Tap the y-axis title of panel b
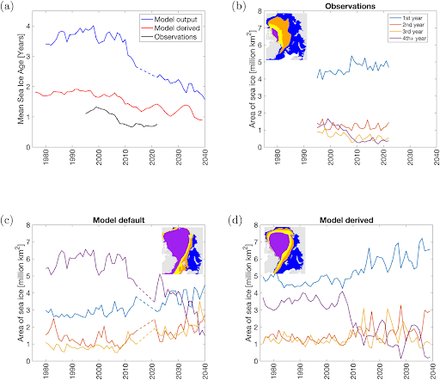click(x=240, y=77)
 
